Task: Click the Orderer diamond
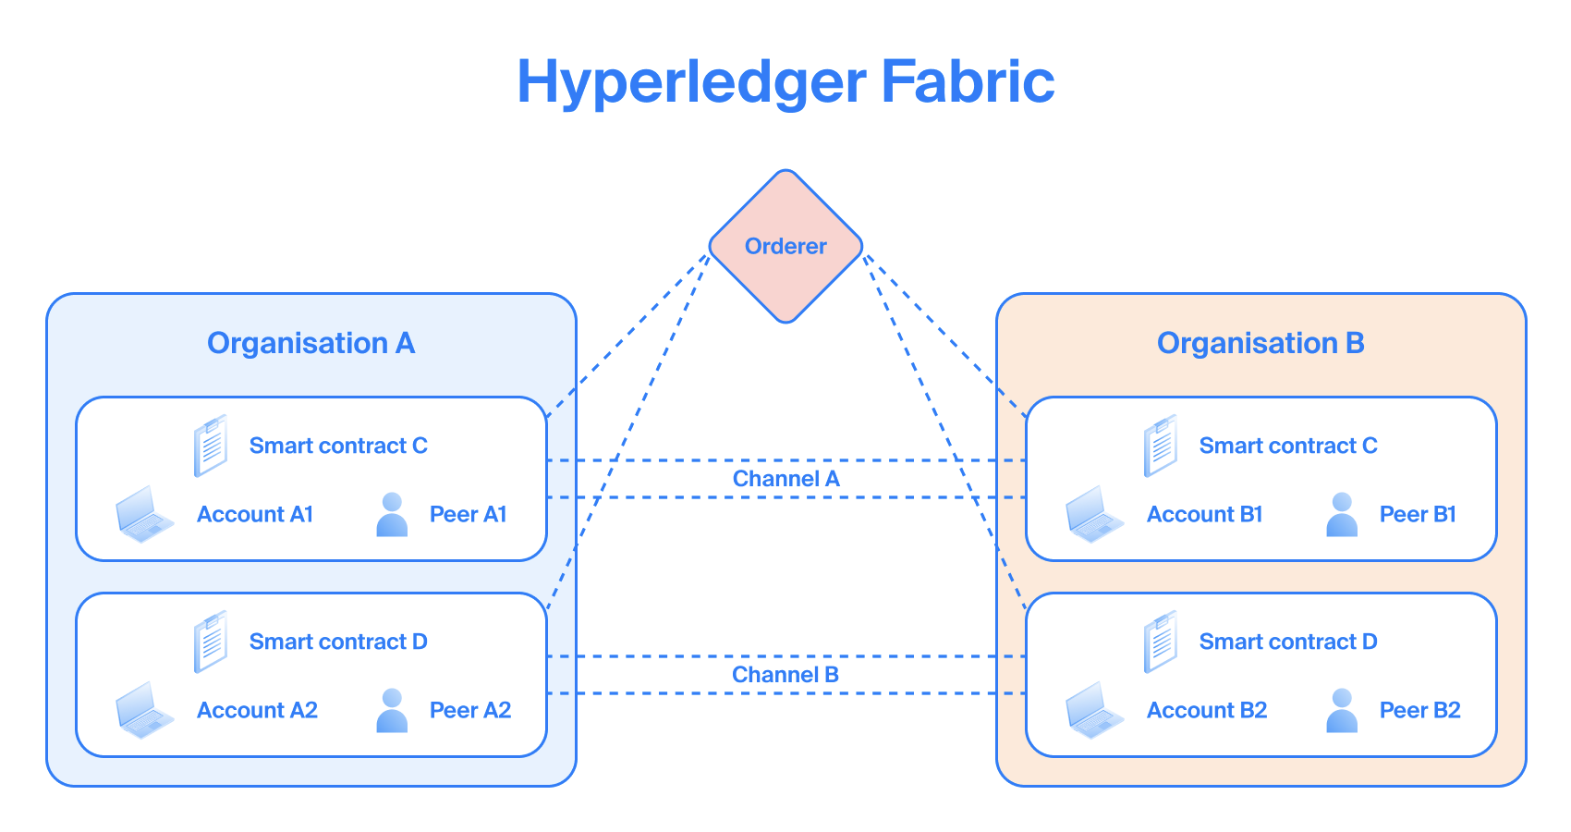coord(785,246)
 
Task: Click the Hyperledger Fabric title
coord(785,81)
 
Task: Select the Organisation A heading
coord(311,343)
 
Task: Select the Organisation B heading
coord(1260,343)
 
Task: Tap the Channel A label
coord(785,479)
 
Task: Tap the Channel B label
coord(785,675)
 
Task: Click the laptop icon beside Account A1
coord(144,514)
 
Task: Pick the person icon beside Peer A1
coord(392,515)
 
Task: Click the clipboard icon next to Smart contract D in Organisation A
coord(211,642)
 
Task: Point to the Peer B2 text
coord(1419,710)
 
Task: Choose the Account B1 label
coord(1204,514)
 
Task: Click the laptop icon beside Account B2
coord(1094,710)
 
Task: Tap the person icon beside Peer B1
coord(1342,515)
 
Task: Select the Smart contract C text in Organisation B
coord(1288,446)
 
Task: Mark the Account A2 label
coord(257,710)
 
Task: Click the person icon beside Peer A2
coord(392,711)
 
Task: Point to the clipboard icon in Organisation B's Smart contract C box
coord(1161,446)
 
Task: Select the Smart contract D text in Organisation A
coord(338,642)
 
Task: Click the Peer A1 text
coord(468,514)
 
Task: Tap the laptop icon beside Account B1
coord(1094,514)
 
